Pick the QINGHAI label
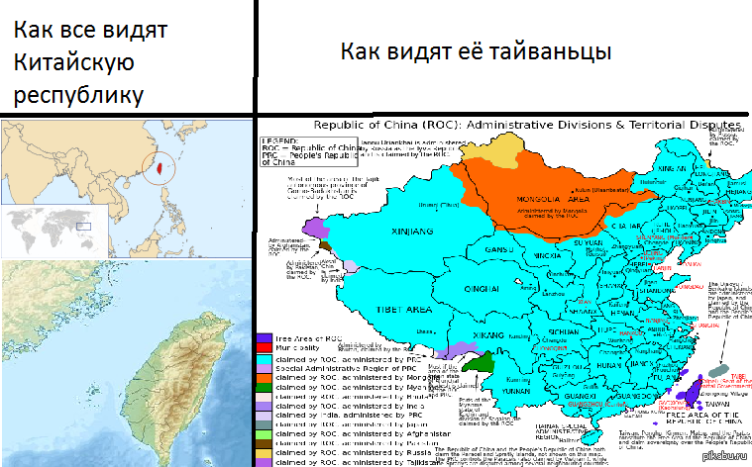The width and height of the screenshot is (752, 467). point(477,290)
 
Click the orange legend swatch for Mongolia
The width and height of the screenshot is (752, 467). point(265,377)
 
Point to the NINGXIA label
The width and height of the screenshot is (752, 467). point(520,256)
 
